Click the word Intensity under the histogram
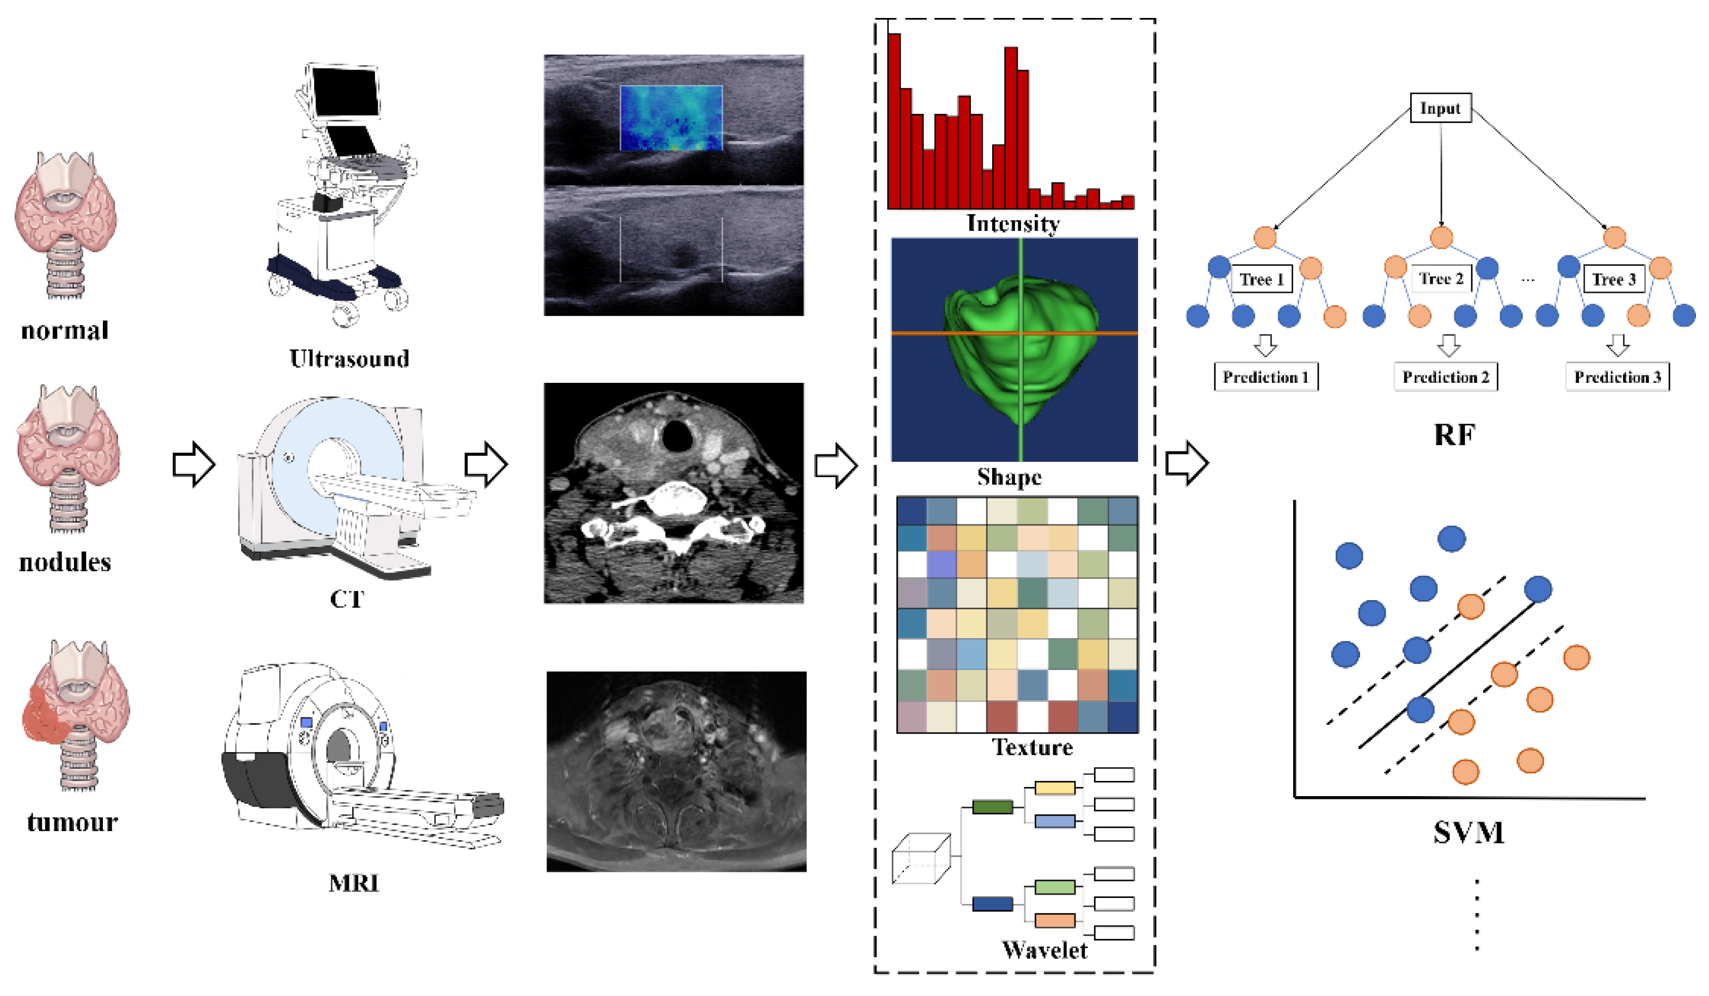(x=1012, y=223)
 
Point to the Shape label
(x=1009, y=476)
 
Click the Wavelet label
(x=1044, y=950)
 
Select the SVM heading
(x=1468, y=832)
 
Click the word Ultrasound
(x=349, y=358)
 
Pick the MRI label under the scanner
(x=353, y=883)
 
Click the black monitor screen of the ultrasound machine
(x=345, y=91)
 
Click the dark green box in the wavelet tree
(x=992, y=806)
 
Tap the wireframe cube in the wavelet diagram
(x=920, y=860)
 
